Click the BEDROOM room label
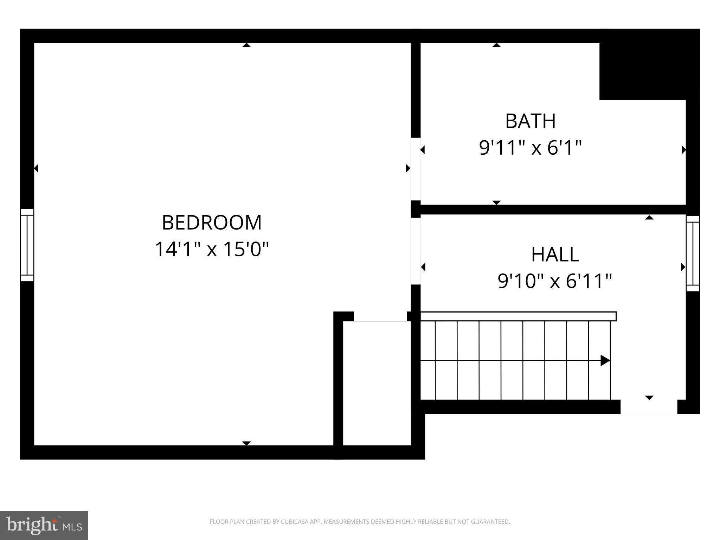pos(212,223)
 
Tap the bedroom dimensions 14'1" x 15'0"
pos(212,249)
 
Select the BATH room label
pos(530,121)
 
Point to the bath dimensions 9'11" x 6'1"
pos(530,148)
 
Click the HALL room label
pos(555,255)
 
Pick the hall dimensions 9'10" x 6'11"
pos(555,281)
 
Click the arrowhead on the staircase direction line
pos(605,360)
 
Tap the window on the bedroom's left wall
pos(27,245)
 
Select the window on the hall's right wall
pos(693,253)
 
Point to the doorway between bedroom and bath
pos(416,169)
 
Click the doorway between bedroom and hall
pos(416,251)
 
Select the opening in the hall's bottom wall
pos(649,407)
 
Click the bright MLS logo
pos(44,526)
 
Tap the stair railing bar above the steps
pos(518,316)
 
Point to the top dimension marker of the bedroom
pos(246,45)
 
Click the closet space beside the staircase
pos(377,383)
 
